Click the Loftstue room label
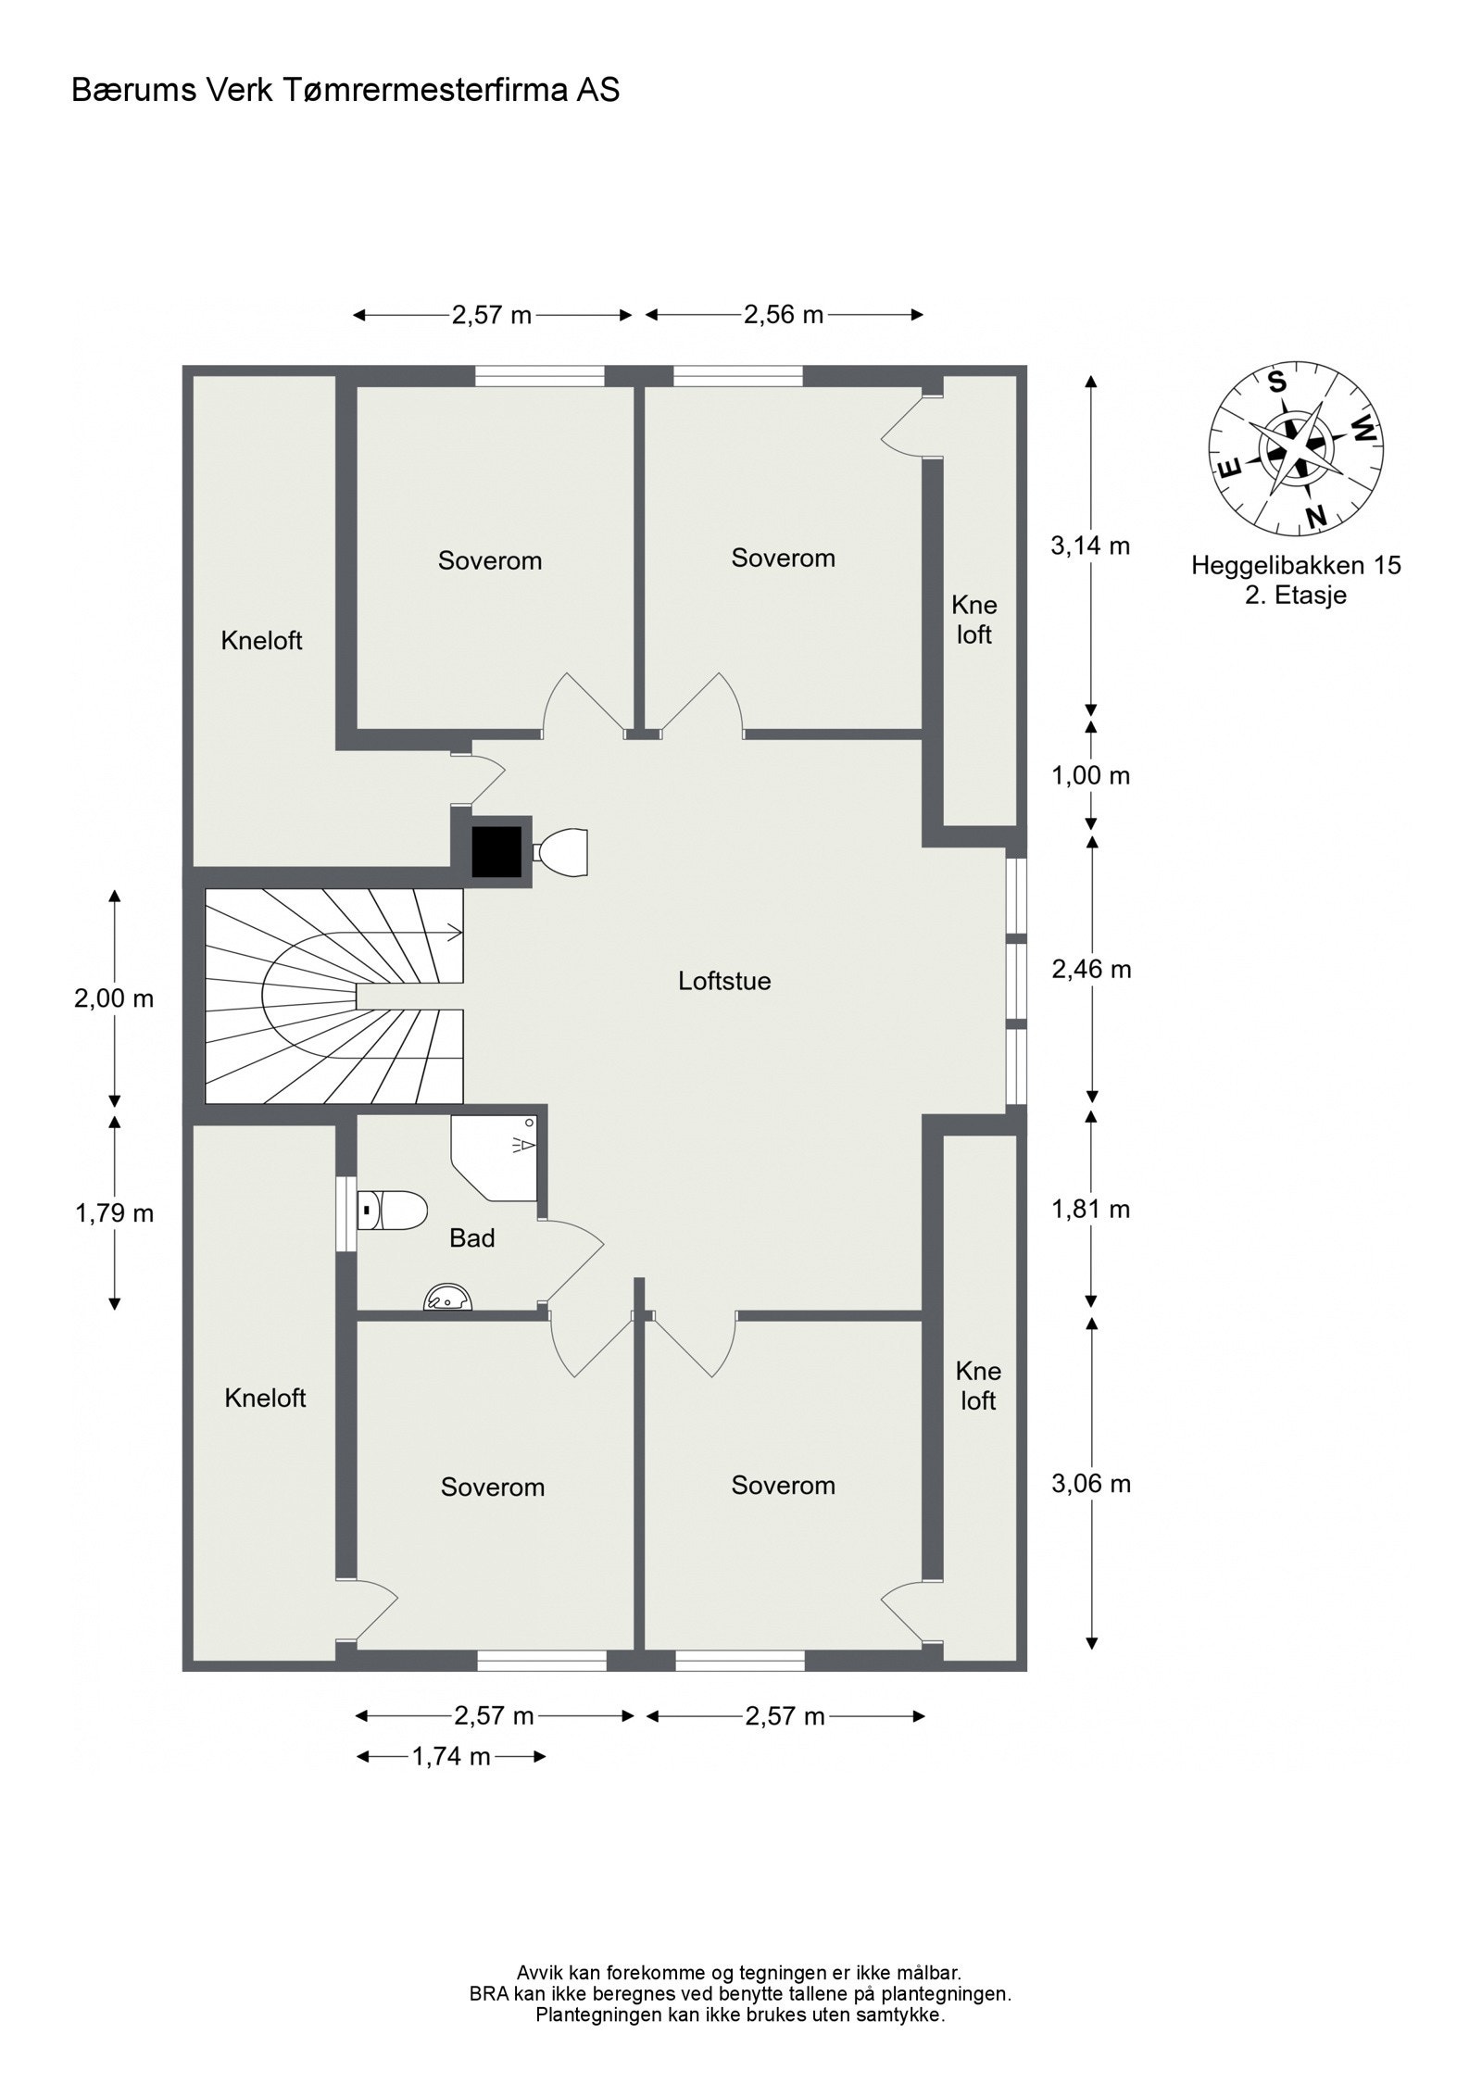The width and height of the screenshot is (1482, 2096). (x=724, y=981)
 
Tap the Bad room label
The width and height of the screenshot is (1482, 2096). (x=471, y=1237)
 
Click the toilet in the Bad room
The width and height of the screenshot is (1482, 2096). (x=393, y=1210)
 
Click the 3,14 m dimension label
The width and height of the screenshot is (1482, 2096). (x=1090, y=546)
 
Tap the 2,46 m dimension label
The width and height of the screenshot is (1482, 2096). (x=1091, y=970)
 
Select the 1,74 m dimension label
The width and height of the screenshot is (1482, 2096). (x=451, y=1755)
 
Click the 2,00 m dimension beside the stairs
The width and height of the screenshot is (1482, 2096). (x=114, y=998)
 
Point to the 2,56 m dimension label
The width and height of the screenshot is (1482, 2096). (x=784, y=315)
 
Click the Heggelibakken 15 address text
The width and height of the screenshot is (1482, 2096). (x=1296, y=565)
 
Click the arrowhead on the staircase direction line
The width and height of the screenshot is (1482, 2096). (x=456, y=932)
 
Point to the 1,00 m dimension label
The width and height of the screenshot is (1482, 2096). (x=1090, y=776)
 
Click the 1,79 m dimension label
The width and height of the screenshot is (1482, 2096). (x=114, y=1212)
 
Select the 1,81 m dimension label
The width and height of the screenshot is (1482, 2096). (x=1090, y=1209)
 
